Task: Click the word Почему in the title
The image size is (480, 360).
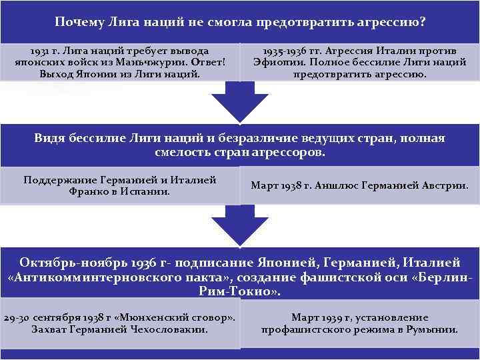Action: [78, 23]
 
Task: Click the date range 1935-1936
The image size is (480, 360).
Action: [288, 51]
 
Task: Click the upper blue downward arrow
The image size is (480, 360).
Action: [239, 103]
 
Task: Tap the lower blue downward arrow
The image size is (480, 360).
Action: [239, 227]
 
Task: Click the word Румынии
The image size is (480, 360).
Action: [434, 329]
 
